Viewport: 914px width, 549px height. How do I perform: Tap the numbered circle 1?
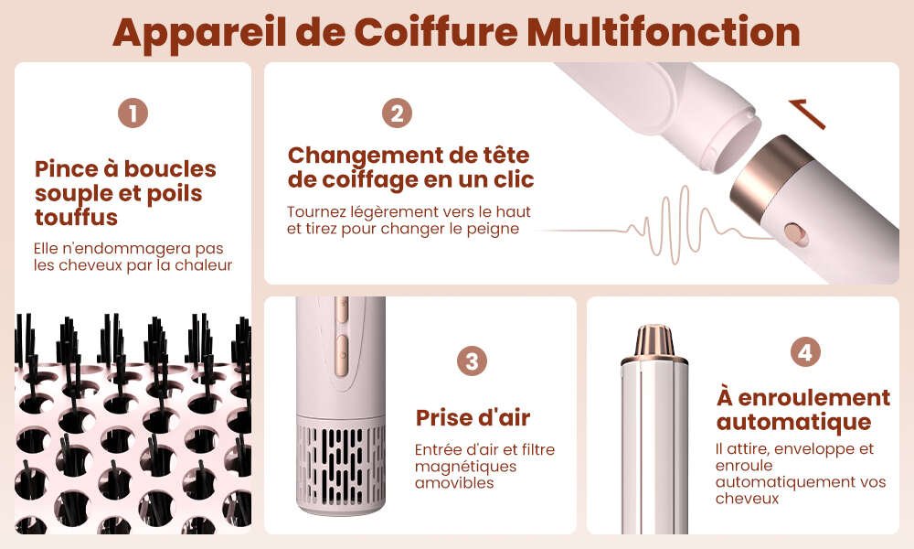pos(133,113)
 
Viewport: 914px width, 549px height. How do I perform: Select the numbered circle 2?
pos(397,113)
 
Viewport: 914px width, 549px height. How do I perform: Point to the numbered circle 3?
pos(472,361)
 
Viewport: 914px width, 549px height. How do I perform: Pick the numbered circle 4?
pos(805,351)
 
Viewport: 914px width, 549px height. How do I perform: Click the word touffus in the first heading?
pos(77,218)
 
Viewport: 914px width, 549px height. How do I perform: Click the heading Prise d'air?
pos(473,418)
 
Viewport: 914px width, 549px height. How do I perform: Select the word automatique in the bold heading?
pos(794,422)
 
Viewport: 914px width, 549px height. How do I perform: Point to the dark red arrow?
pos(807,113)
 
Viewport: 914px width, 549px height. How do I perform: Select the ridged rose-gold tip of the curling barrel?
pos(654,341)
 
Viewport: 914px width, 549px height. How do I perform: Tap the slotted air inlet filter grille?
pos(341,465)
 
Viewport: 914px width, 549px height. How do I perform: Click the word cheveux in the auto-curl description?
pos(748,499)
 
